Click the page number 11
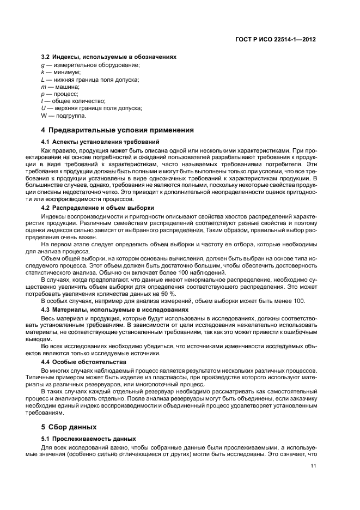click(x=313, y=465)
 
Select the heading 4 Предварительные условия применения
click(x=118, y=130)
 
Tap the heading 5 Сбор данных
click(x=69, y=427)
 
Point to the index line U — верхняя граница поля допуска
click(x=91, y=108)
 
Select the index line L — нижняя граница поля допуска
click(x=90, y=80)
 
